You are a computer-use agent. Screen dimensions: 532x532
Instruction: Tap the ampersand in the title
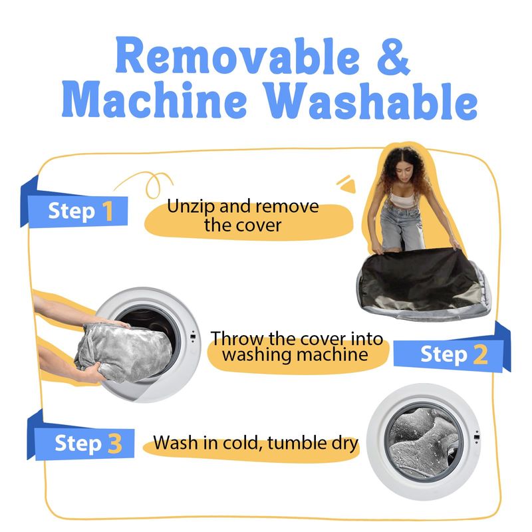coord(394,57)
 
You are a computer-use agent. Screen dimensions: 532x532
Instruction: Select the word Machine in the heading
coord(154,100)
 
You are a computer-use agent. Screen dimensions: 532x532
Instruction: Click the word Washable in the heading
coord(370,101)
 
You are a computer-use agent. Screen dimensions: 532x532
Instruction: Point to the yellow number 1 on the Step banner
coord(108,211)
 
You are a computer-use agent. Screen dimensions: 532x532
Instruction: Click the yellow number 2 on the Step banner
coord(480,354)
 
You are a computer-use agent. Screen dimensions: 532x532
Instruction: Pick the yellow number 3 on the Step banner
coord(115,444)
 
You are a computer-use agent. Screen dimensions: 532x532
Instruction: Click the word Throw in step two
coord(237,338)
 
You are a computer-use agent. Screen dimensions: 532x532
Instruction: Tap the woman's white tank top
coord(403,199)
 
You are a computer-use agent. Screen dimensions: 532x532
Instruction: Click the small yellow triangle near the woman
coord(348,186)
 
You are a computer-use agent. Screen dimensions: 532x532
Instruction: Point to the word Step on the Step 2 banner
coord(444,355)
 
